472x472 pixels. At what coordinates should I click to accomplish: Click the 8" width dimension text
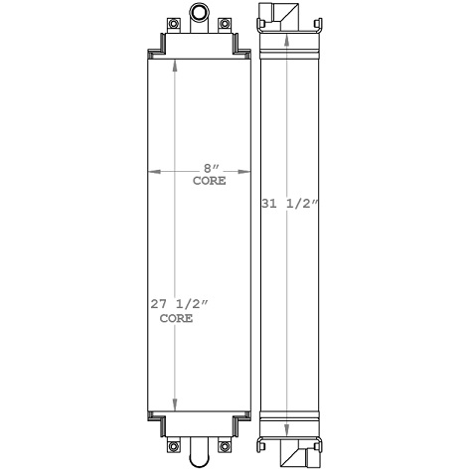click(x=209, y=170)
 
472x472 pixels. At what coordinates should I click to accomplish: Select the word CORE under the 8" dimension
click(x=209, y=182)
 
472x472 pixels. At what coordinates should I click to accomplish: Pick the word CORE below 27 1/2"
click(x=176, y=321)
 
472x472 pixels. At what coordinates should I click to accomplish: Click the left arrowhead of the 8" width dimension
click(x=152, y=172)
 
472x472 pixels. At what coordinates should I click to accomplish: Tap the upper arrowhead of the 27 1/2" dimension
click(x=178, y=64)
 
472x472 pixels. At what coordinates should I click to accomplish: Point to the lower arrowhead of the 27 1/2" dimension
click(x=178, y=404)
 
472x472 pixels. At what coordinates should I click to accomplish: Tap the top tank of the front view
click(x=198, y=42)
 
